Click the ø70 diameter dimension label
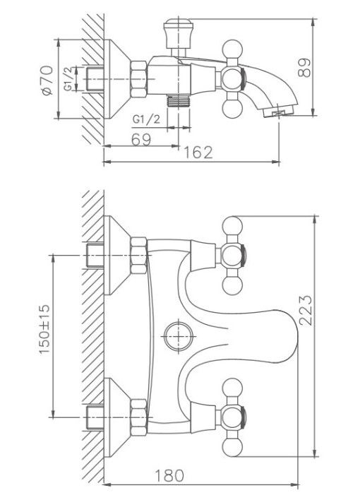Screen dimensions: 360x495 click(47, 80)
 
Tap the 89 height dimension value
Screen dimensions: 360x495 click(304, 68)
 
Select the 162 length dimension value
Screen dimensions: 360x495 click(198, 153)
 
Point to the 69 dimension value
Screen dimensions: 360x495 click(141, 139)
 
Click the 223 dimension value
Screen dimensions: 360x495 click(305, 310)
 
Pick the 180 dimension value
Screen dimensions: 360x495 click(169, 475)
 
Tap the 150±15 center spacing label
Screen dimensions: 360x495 click(44, 329)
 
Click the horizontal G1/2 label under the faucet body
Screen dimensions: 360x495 click(146, 119)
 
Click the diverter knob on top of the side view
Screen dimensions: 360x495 click(179, 32)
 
